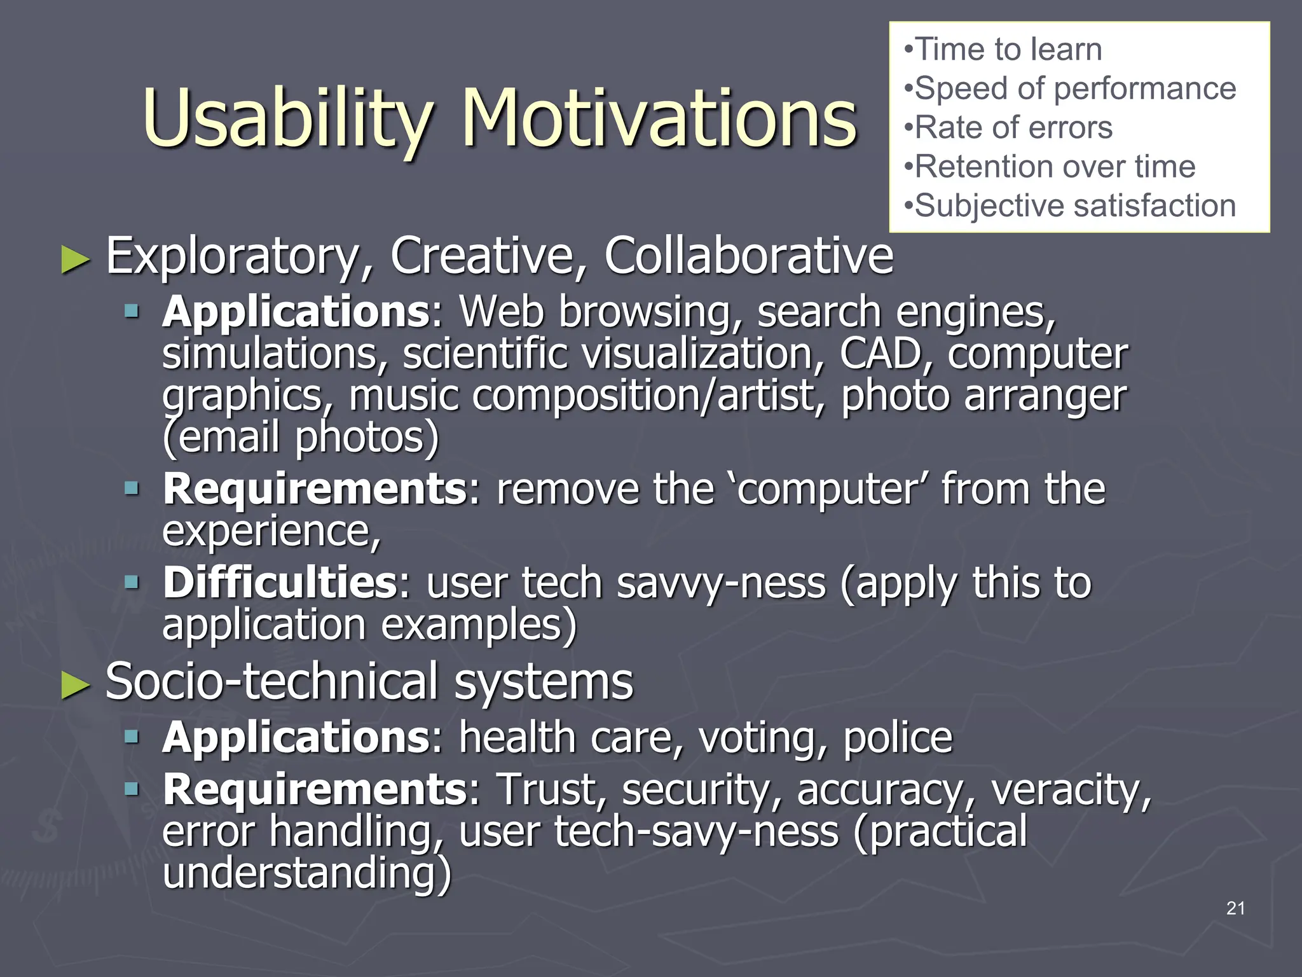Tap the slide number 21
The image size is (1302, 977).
click(x=1235, y=908)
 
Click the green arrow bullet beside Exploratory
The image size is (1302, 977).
click(x=76, y=260)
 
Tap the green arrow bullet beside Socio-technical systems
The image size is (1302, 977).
click(x=76, y=686)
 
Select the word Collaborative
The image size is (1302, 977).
click(x=748, y=256)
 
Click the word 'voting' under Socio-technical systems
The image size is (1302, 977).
click(x=763, y=738)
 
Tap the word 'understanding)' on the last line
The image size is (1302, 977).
click(x=306, y=873)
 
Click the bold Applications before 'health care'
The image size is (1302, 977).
click(x=296, y=738)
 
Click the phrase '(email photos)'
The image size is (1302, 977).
click(x=300, y=438)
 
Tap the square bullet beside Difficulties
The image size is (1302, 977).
click(x=132, y=581)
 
